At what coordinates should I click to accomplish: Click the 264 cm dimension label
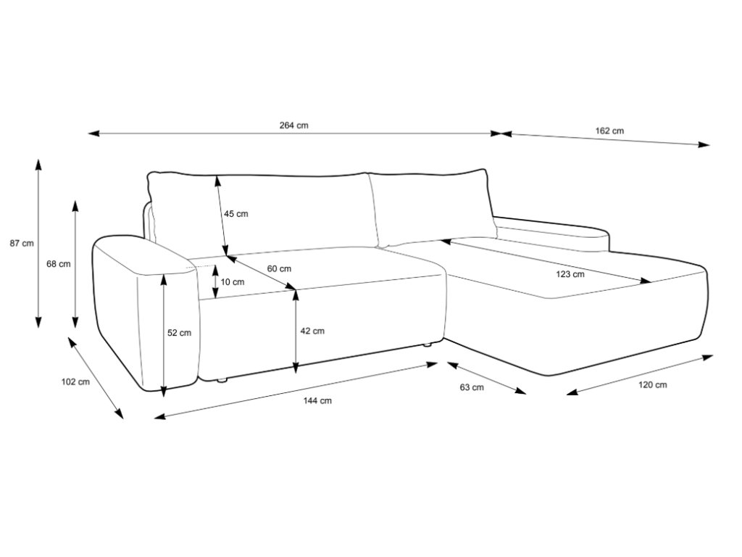coord(294,125)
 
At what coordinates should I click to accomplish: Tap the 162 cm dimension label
coord(609,131)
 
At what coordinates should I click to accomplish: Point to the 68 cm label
coord(59,264)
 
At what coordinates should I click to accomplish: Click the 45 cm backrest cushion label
coord(235,214)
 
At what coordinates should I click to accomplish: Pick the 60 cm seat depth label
coord(279,268)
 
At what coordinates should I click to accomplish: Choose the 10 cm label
coord(233,282)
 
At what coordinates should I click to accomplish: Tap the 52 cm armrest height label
coord(180,333)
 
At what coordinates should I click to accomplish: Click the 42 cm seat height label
coord(312,331)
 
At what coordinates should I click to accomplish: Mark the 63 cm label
coord(472,387)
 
